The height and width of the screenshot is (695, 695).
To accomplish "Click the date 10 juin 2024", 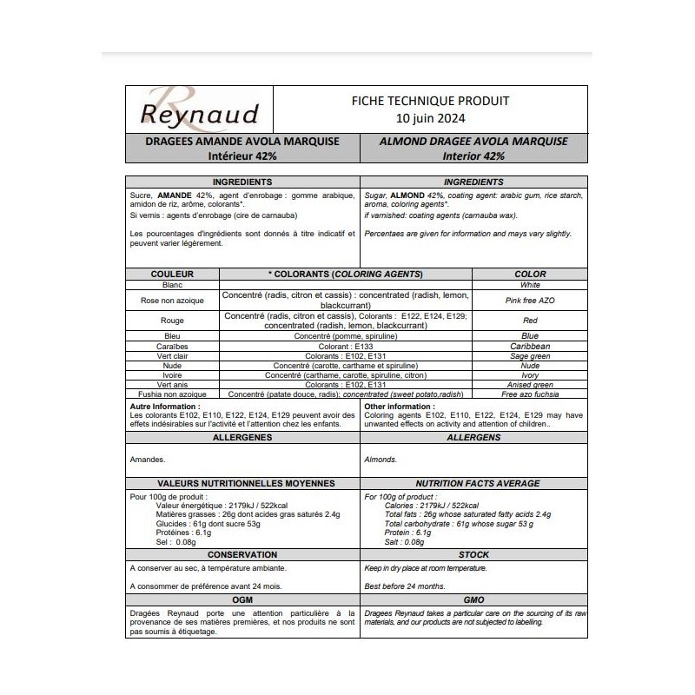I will tap(429, 116).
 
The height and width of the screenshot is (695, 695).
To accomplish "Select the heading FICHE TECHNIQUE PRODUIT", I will tap(429, 100).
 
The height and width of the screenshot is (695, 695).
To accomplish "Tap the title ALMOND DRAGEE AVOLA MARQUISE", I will tap(473, 141).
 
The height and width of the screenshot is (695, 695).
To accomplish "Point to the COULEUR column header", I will tap(171, 274).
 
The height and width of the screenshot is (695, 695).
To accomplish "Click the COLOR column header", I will tap(530, 274).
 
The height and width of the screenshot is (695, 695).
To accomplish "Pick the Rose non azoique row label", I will tap(171, 301).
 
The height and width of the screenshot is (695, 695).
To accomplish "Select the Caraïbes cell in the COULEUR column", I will tap(171, 346).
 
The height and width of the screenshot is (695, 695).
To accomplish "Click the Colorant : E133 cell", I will tap(346, 346).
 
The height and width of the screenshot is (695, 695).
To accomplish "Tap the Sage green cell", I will tap(530, 356).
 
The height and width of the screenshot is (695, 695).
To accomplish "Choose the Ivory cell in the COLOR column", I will tap(530, 375).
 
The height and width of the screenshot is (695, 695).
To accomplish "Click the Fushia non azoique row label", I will tap(171, 394).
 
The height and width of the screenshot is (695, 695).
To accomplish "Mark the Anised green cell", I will tap(530, 385).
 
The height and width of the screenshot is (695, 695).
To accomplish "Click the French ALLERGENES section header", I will tap(242, 438).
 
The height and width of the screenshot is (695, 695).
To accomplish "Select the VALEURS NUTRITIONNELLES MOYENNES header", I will tap(242, 482).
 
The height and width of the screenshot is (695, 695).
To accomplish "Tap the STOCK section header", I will tap(473, 554).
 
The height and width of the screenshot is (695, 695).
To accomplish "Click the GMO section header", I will tap(473, 600).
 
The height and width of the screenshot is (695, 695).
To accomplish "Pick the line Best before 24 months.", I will tap(405, 586).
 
